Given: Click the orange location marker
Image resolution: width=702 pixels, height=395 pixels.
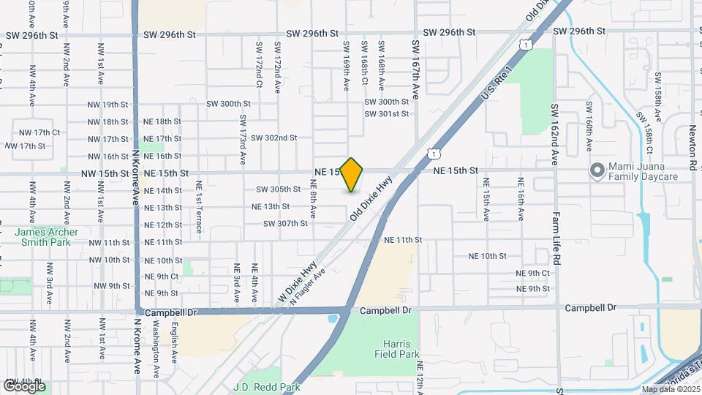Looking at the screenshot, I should (352, 174).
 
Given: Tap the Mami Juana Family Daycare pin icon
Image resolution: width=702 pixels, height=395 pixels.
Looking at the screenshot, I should (597, 171).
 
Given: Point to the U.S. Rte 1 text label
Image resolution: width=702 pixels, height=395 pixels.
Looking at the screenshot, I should (494, 86).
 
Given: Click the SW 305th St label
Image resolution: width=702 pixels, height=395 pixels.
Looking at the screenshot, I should (279, 189).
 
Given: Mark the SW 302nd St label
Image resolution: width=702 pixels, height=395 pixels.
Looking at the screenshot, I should (273, 138).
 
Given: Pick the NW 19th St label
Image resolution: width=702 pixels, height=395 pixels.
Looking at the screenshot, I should (106, 105).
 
